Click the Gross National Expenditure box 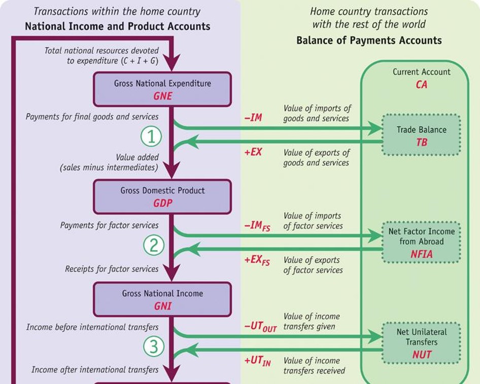click(162, 89)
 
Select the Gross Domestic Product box click(162, 196)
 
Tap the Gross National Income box click(162, 299)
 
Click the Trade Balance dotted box click(422, 135)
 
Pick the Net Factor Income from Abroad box click(422, 242)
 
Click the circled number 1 click(151, 136)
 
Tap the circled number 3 click(153, 347)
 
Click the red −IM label click(253, 118)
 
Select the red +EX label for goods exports click(253, 152)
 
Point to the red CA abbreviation click(422, 85)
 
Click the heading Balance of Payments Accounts click(369, 41)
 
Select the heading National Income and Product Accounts click(117, 26)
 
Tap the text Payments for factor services click(109, 225)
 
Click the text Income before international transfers click(92, 327)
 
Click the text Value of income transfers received click(314, 366)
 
